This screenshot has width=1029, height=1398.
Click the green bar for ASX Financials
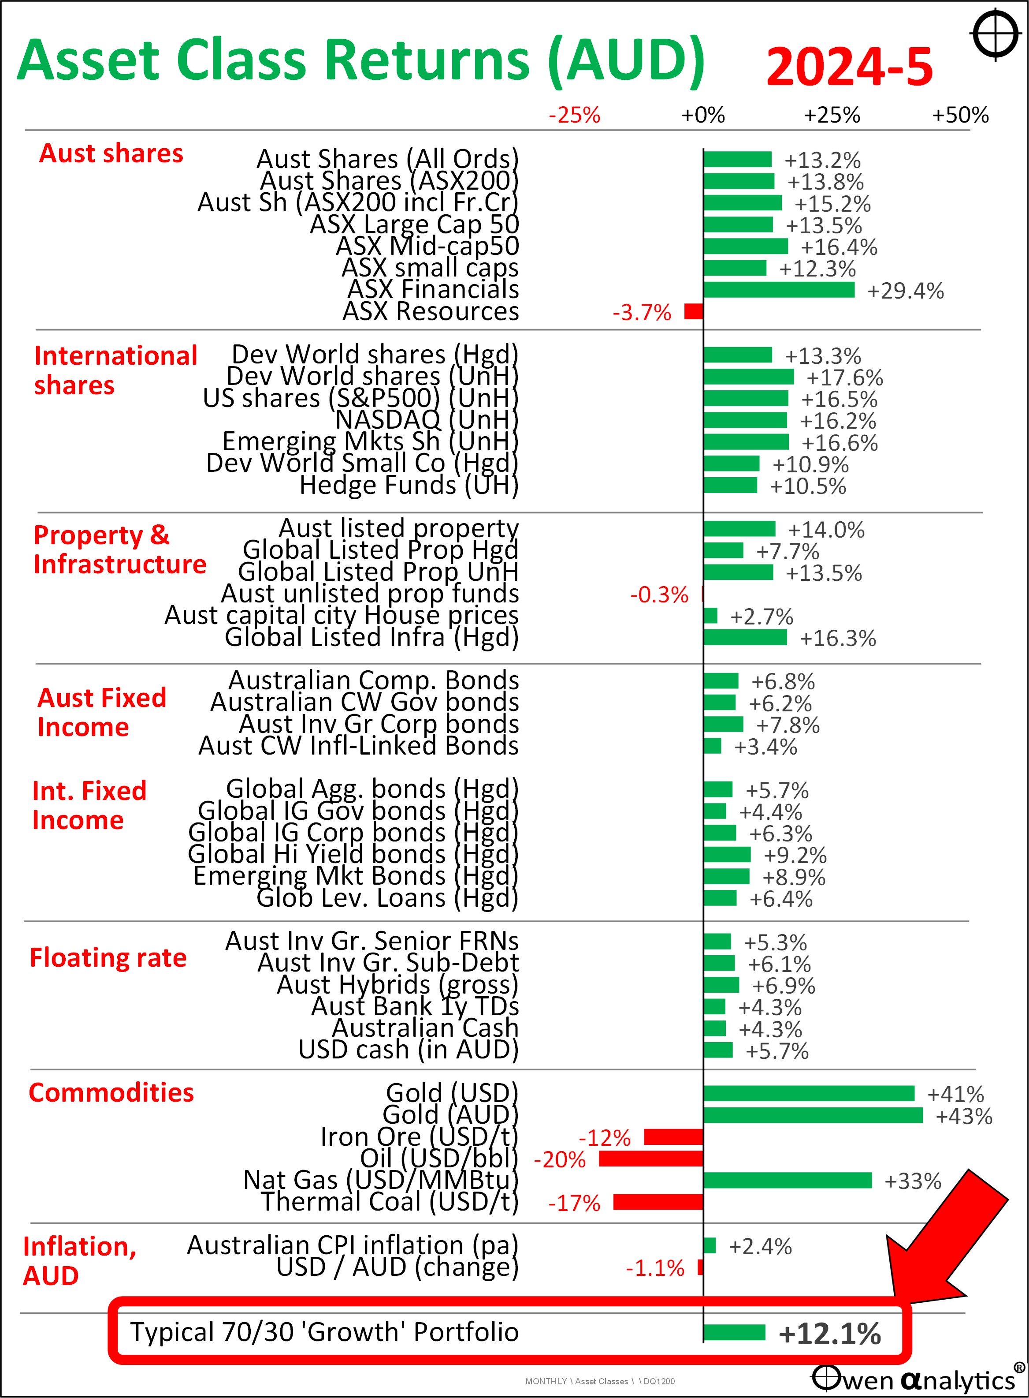coord(779,290)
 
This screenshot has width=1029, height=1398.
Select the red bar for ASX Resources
coord(693,311)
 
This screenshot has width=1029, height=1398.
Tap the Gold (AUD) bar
coord(813,1115)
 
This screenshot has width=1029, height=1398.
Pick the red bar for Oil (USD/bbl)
coord(651,1159)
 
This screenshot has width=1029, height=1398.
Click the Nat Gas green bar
coord(788,1180)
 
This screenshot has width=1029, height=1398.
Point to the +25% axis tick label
coord(832,115)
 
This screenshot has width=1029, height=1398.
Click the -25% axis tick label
coord(574,115)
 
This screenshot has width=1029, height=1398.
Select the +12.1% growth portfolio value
coord(830,1333)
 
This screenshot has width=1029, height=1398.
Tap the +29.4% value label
coord(905,291)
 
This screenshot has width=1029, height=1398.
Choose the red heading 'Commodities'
coord(111,1092)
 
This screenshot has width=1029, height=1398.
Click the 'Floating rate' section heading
coord(108,957)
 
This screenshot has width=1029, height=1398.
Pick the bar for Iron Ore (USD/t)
coord(673,1137)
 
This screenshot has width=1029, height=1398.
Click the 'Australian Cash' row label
coord(425,1028)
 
